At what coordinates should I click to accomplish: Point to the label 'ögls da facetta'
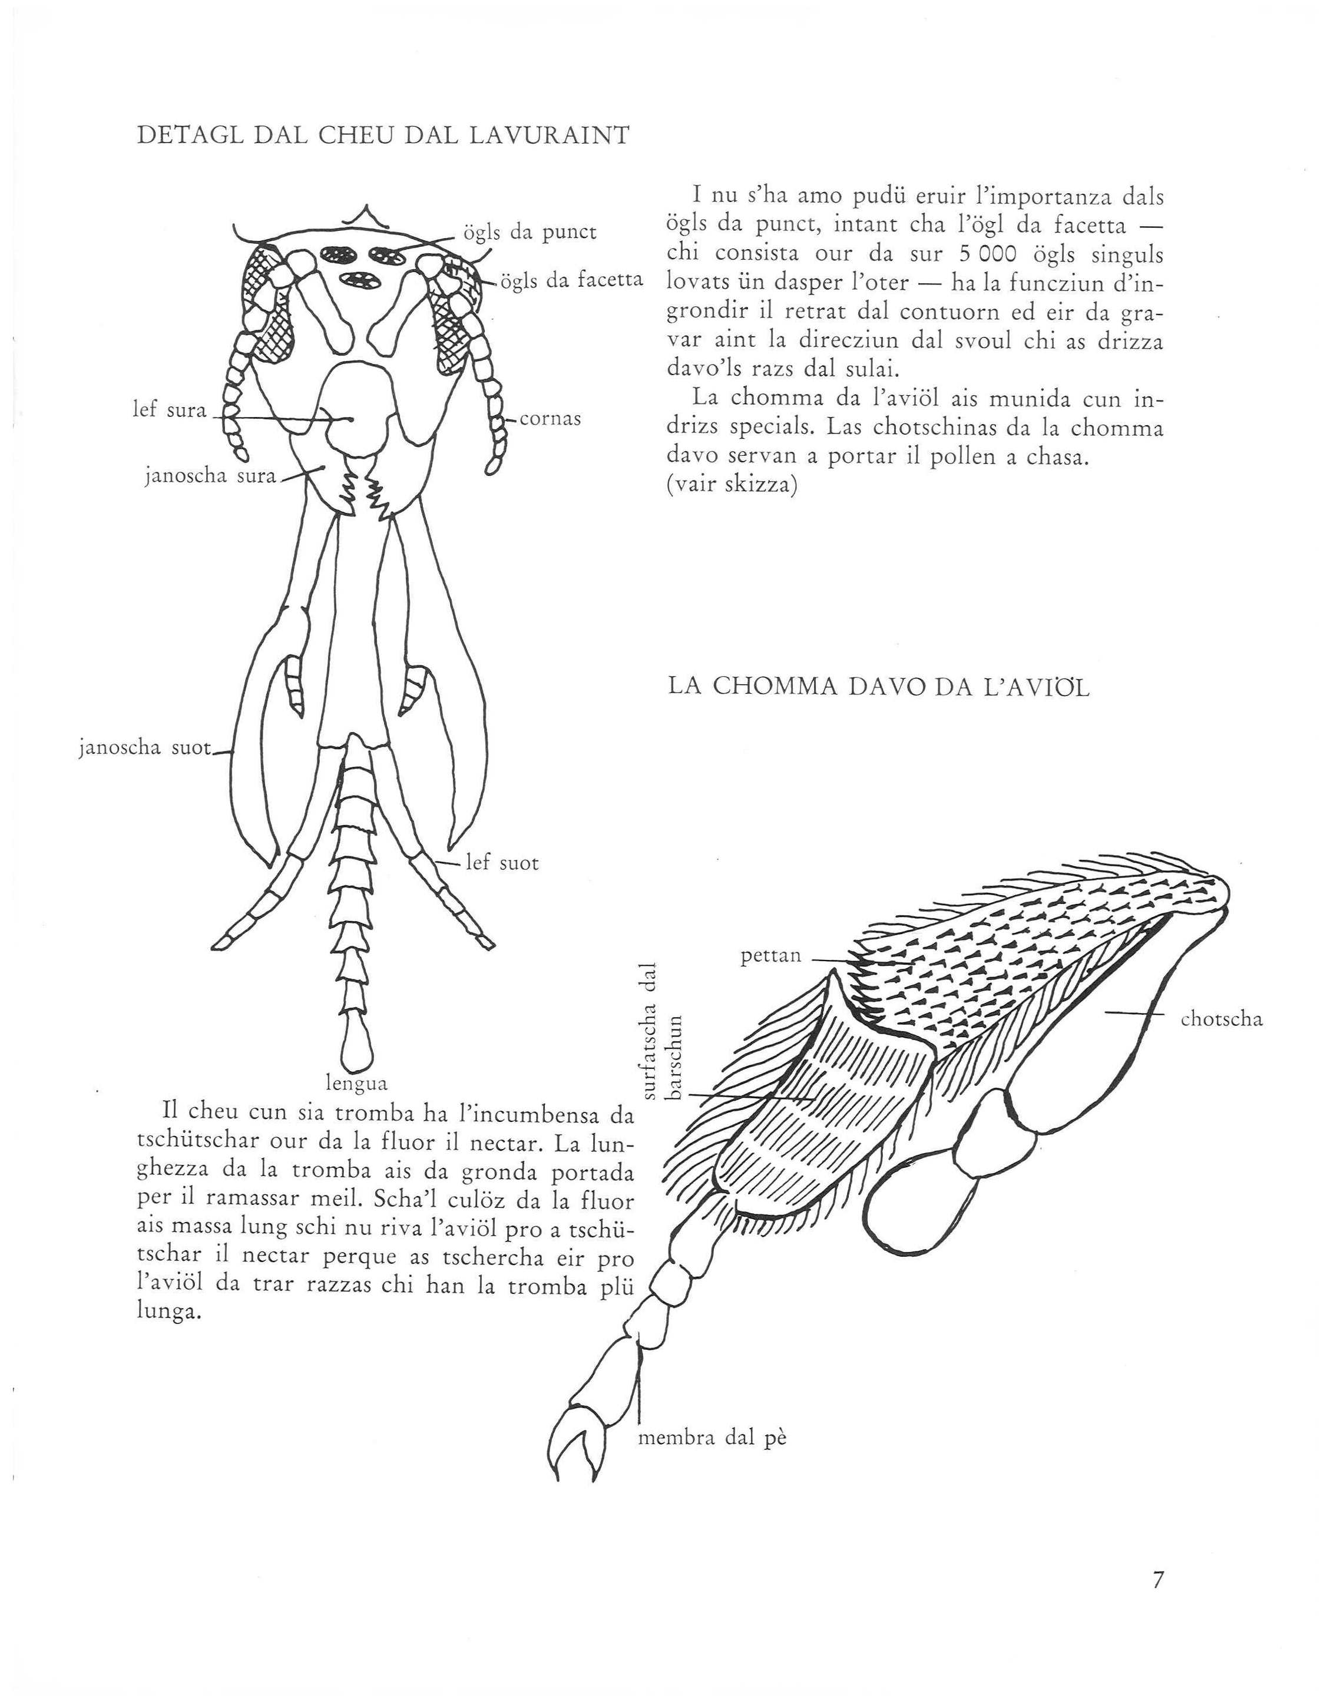(x=571, y=280)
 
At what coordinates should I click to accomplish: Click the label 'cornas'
(x=550, y=419)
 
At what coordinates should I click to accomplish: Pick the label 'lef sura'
(x=169, y=410)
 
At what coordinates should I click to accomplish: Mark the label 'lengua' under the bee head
(x=356, y=1082)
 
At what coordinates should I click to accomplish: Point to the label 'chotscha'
(x=1221, y=1019)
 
